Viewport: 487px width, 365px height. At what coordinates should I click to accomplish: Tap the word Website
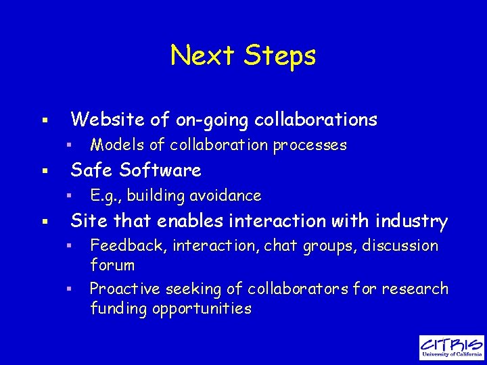pos(108,120)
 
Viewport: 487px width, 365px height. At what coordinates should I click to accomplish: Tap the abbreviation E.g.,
pos(106,196)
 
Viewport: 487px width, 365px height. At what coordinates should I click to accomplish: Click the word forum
pos(112,265)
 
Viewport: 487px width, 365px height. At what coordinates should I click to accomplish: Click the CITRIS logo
pos(451,347)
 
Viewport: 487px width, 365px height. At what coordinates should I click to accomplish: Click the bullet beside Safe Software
pos(44,170)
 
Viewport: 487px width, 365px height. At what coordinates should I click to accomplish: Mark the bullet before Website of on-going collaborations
pos(44,120)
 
